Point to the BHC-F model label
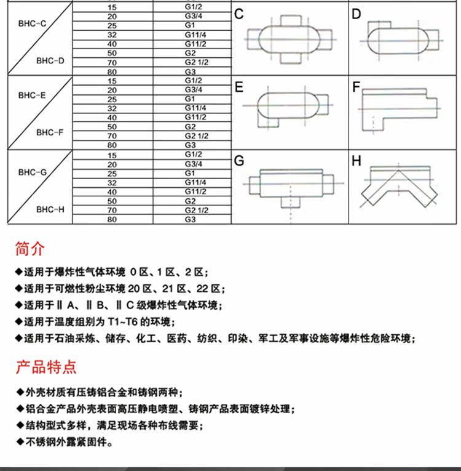coord(50,132)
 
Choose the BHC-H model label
coord(50,209)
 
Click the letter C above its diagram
coord(239,14)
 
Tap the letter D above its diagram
coord(357,14)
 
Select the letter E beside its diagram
coord(239,87)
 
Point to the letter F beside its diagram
coord(356,87)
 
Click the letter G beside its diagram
coord(240,161)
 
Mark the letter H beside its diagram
coord(357,161)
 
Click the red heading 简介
coord(31,249)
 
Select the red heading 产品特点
coord(46,368)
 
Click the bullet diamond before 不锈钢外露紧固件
coord(20,441)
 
